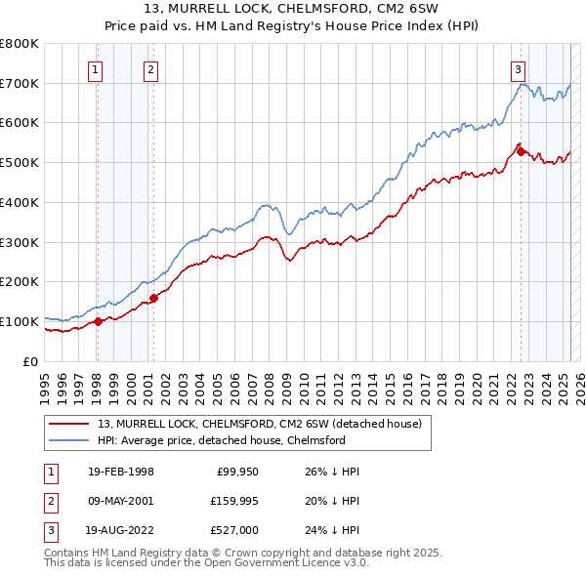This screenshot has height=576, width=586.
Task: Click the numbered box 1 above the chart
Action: tap(96, 68)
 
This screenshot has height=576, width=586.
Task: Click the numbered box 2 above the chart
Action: tap(151, 68)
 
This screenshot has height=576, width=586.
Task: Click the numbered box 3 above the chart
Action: tap(517, 68)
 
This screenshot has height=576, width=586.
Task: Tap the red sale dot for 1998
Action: tap(98, 321)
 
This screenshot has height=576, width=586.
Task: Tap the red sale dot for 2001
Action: tap(153, 298)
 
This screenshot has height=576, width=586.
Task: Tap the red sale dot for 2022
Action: tap(521, 150)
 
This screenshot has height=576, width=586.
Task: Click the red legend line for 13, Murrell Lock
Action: tap(70, 424)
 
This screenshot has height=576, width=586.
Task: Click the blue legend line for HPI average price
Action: tap(70, 440)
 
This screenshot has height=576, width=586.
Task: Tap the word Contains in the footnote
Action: tap(68, 553)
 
